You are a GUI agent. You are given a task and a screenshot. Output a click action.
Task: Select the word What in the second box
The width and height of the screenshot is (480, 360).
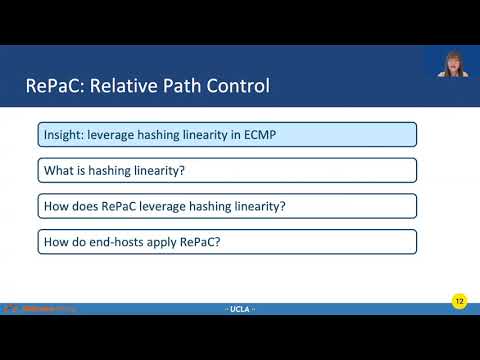(x=58, y=171)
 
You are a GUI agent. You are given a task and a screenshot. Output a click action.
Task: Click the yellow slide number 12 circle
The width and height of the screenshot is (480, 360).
(x=459, y=301)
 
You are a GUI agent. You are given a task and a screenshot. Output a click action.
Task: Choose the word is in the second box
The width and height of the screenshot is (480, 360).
(x=82, y=171)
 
